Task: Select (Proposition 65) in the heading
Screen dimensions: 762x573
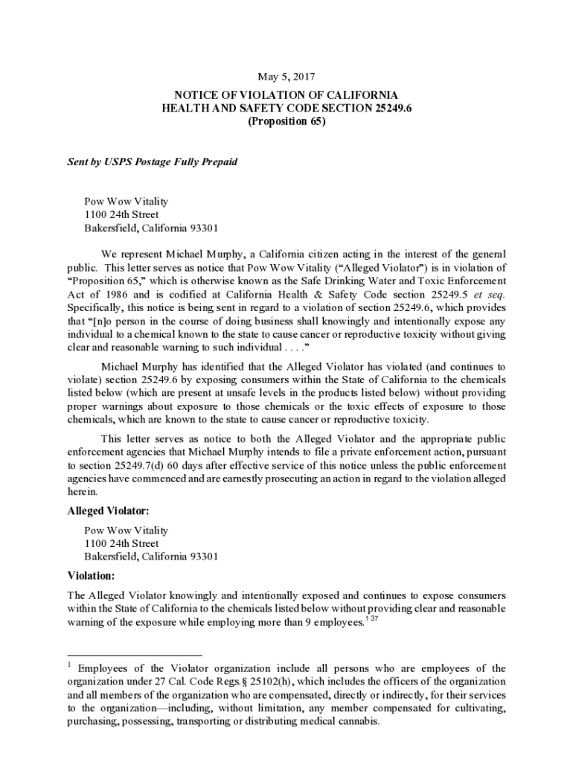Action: point(286,122)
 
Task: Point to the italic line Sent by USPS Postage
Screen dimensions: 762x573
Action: point(153,161)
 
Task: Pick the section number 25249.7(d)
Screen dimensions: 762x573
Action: point(132,464)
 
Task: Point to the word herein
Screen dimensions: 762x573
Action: point(82,491)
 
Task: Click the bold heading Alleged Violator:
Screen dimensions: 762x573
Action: point(108,511)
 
